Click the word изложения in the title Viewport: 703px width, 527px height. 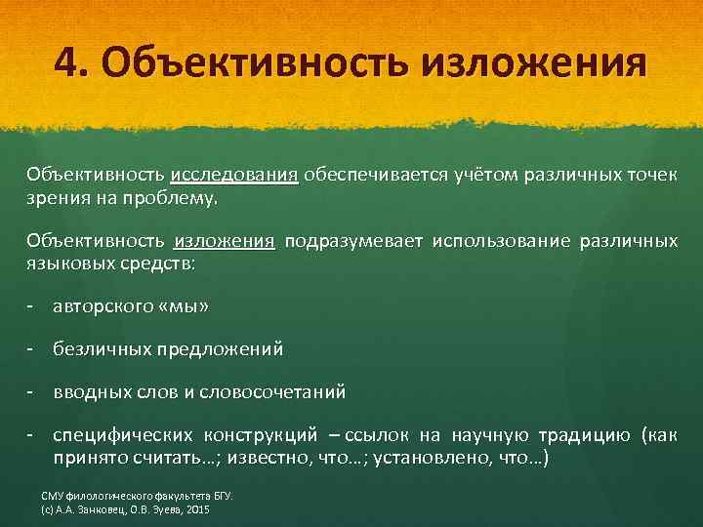[534, 63]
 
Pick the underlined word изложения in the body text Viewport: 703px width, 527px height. [226, 241]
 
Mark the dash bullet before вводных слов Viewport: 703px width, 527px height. [32, 391]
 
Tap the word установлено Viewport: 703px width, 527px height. [433, 458]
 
